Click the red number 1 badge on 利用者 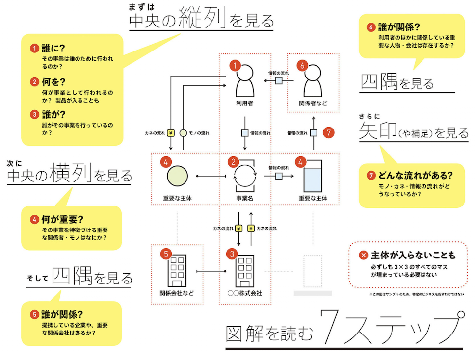tap(235, 65)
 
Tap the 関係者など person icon tap(313, 81)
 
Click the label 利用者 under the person tap(245, 103)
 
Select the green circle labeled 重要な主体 tap(177, 176)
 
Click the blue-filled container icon tap(313, 176)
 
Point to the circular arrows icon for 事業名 tap(245, 176)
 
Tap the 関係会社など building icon tap(177, 271)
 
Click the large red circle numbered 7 tap(329, 132)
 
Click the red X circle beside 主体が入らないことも tap(363, 255)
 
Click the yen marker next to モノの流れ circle tap(171, 133)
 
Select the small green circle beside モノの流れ tap(183, 133)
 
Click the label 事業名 tap(245, 198)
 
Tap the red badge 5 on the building tap(166, 254)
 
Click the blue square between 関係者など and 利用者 tap(279, 81)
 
